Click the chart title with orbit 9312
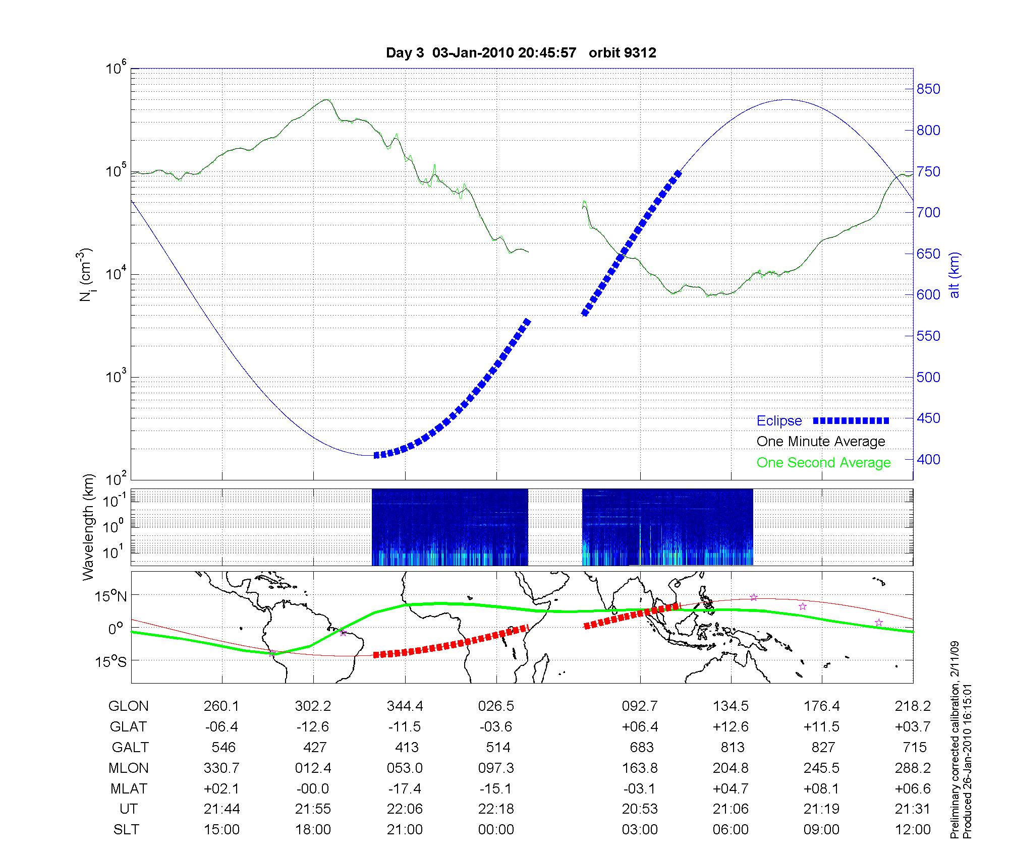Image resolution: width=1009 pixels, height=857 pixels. (521, 53)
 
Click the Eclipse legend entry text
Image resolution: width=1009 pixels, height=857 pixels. (779, 421)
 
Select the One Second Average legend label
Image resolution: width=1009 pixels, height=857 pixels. (823, 463)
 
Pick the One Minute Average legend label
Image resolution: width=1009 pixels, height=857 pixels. (821, 442)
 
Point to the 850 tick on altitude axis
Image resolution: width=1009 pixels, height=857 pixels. (928, 89)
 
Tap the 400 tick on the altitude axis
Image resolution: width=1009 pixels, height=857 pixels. (928, 459)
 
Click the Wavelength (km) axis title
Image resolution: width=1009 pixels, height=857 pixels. (89, 527)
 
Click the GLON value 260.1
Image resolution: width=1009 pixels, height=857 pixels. (221, 706)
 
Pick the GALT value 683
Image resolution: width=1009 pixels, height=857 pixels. (642, 747)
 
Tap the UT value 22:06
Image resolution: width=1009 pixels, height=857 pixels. (405, 809)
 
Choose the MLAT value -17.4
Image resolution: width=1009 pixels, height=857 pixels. (405, 788)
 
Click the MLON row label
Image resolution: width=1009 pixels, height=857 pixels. (128, 768)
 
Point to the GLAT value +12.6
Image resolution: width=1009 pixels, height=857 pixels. (731, 727)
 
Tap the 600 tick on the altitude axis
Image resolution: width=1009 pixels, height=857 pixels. (928, 295)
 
